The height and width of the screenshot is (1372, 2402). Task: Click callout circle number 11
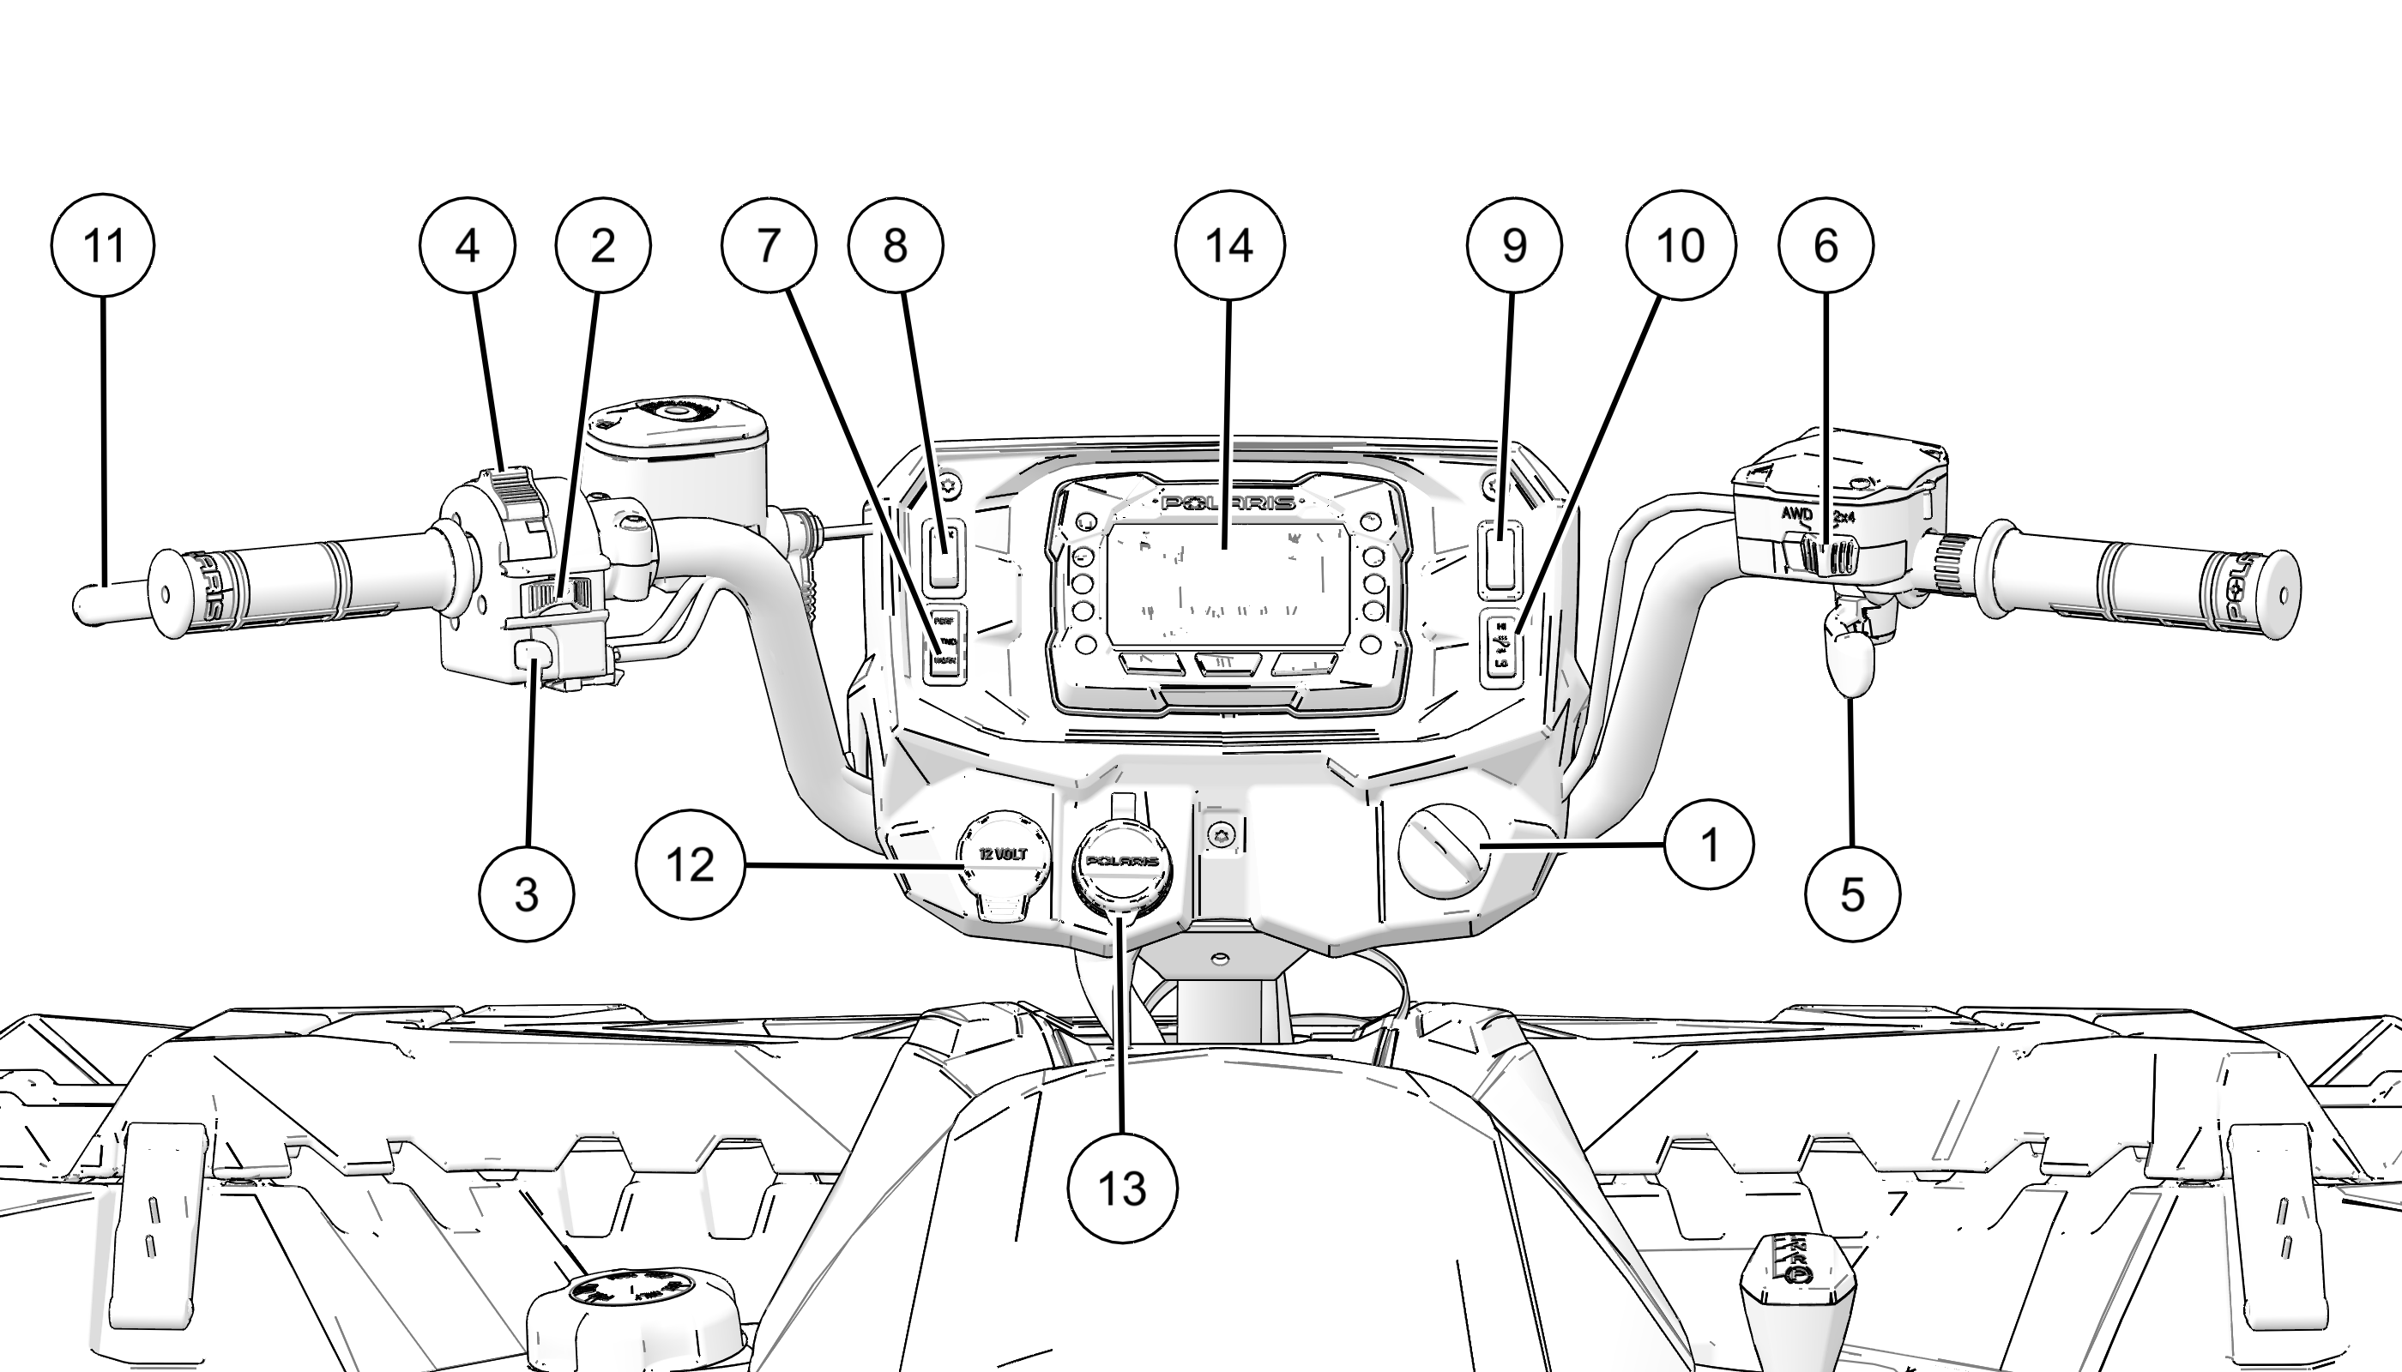pos(103,245)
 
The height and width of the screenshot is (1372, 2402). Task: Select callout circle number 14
pos(1229,245)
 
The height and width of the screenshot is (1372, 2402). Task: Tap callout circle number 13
pos(1122,1188)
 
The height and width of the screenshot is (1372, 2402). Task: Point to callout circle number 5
pos(1852,894)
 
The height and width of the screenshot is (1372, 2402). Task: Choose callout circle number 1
pos(1709,845)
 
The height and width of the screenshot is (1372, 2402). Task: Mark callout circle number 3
pos(526,894)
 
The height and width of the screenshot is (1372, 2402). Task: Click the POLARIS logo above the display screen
pos(1228,502)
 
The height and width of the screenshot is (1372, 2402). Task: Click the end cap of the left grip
pos(165,594)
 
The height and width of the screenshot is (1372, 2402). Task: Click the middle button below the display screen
pos(1228,664)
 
